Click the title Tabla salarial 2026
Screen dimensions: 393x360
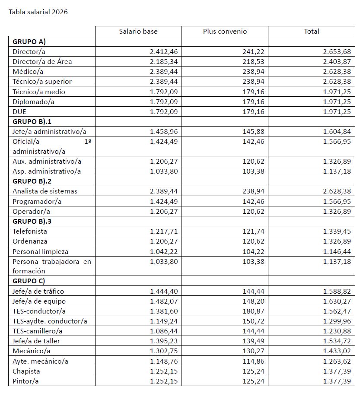[x=38, y=12]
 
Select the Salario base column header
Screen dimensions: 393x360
[x=138, y=31]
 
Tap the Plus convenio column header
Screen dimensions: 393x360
[x=225, y=31]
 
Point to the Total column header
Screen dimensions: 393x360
[x=312, y=31]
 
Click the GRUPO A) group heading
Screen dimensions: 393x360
[x=29, y=41]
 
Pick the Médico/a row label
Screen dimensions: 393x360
[x=28, y=71]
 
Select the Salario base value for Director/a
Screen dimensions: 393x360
[x=164, y=51]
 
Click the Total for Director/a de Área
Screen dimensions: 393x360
[x=337, y=61]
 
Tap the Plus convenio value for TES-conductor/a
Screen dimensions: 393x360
[x=254, y=311]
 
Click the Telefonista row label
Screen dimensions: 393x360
[x=30, y=231]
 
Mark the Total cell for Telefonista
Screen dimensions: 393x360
[x=337, y=231]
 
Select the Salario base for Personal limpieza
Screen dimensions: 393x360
[x=164, y=251]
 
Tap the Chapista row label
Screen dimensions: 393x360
[x=25, y=371]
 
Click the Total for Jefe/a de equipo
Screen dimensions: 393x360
[x=337, y=301]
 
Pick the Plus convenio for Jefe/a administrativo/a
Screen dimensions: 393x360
[x=254, y=131]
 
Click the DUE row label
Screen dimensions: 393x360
[x=19, y=111]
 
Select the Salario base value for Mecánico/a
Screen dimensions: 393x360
[x=164, y=351]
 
